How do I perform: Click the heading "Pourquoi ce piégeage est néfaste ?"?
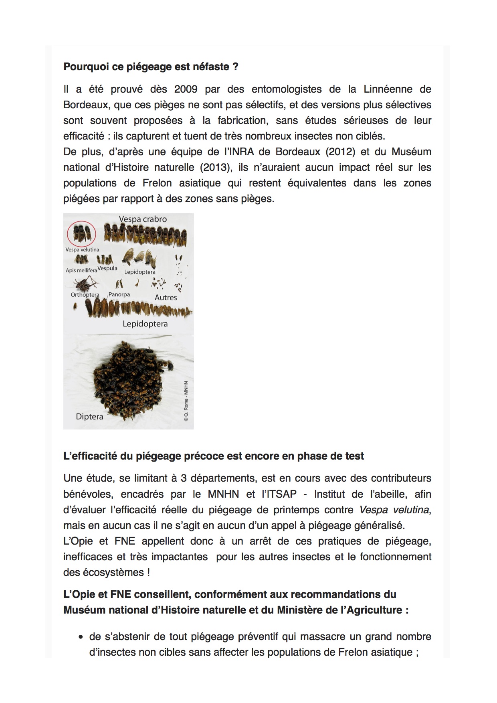(151, 67)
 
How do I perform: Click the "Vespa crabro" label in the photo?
(143, 219)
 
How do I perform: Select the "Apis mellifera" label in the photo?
(81, 270)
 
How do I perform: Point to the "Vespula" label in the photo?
(107, 268)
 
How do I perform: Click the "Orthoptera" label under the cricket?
(85, 295)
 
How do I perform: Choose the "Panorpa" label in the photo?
(119, 294)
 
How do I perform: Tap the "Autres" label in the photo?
(166, 298)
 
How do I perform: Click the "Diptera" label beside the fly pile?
(89, 417)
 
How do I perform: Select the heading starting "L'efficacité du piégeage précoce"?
(214, 456)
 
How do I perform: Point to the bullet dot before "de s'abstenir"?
(81, 637)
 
